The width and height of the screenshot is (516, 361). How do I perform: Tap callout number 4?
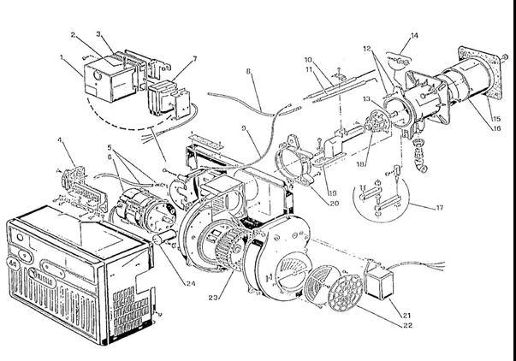(x=60, y=140)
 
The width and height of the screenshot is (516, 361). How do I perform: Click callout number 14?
(x=415, y=37)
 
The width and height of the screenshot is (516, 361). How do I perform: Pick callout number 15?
(x=497, y=115)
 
